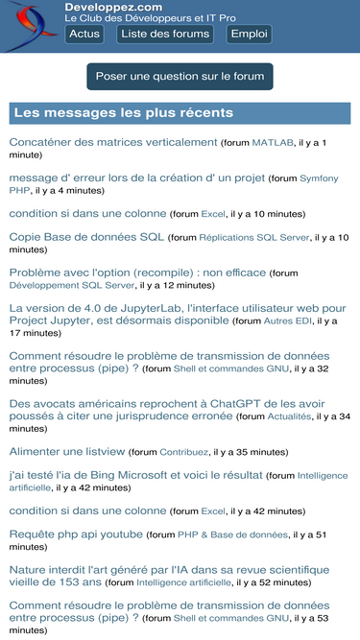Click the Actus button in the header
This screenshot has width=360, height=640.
[x=84, y=34]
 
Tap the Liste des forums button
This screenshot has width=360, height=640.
[x=166, y=34]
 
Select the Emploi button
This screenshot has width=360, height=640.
[x=250, y=34]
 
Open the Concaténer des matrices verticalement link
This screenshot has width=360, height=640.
[x=113, y=142]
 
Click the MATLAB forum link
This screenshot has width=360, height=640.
[x=272, y=143]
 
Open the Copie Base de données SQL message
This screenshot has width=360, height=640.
[x=86, y=236]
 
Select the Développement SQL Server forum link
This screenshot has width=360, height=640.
[x=71, y=285]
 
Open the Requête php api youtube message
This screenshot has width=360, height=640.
[x=76, y=533]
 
